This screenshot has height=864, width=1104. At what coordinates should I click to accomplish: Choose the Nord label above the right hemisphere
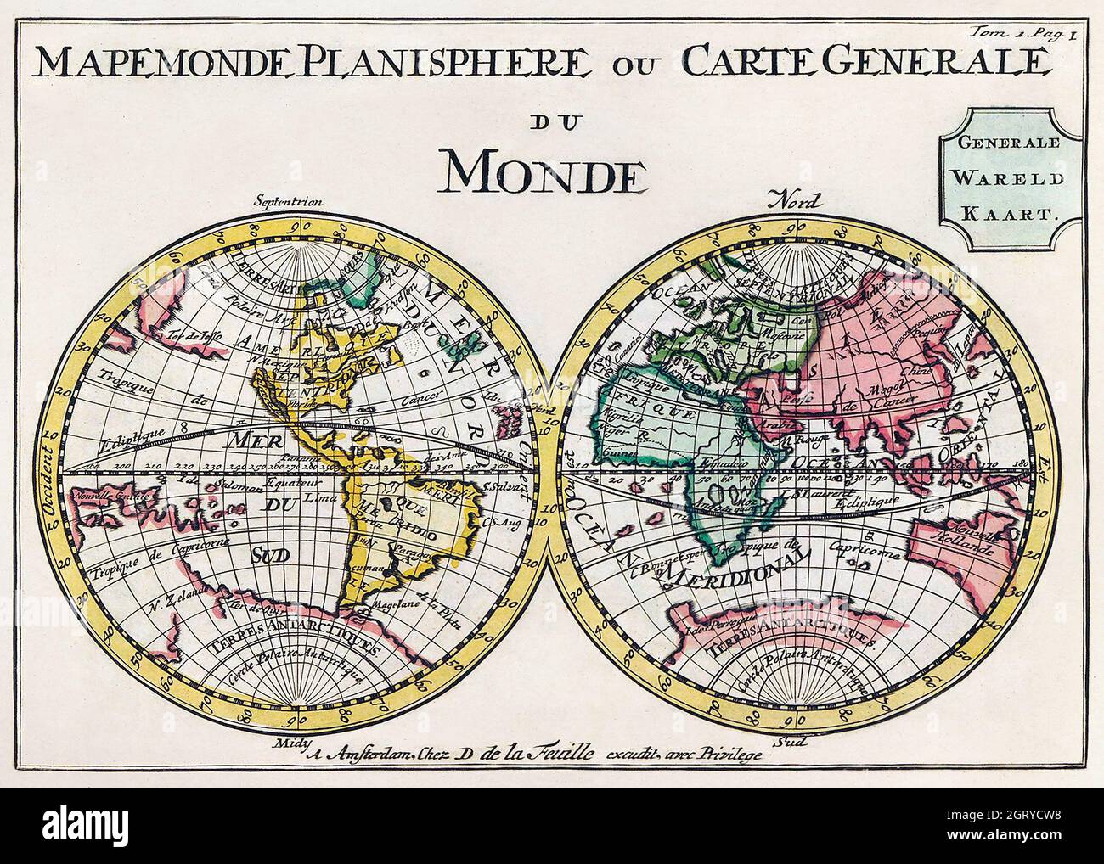(793, 201)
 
